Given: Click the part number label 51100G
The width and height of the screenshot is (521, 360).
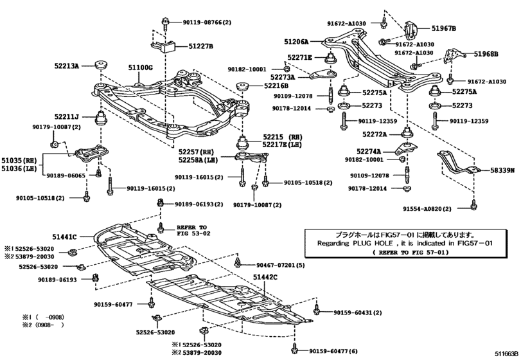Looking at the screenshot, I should (139, 67).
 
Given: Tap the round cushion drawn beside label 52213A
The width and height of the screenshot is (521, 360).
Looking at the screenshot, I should (102, 65).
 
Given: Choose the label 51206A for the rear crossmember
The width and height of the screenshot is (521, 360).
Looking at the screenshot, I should (297, 40).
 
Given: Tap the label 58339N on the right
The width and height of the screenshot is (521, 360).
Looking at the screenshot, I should (504, 170).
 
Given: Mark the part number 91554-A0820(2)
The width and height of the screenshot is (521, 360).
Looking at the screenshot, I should (429, 209).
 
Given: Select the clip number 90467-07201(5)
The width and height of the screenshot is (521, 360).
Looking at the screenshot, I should (281, 265).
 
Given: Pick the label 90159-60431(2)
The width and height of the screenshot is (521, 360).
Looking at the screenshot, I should (358, 312).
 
